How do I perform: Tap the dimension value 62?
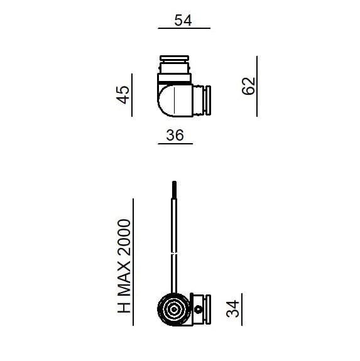249,85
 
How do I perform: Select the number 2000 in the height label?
124,235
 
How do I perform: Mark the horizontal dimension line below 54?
183,29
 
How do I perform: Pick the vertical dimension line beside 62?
257,85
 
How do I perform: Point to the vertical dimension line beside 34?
242,309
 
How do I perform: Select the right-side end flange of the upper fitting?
205,101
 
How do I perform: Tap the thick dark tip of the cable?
174,189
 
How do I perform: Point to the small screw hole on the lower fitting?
199,309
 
